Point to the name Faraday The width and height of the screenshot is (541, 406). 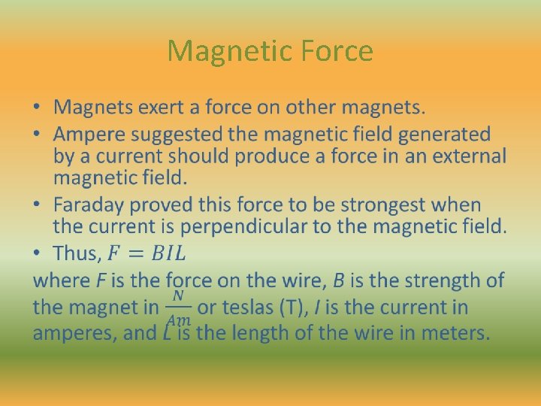86,205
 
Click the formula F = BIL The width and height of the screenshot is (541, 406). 149,253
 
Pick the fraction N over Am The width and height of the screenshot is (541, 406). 178,308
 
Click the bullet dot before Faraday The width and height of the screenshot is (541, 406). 38,205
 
